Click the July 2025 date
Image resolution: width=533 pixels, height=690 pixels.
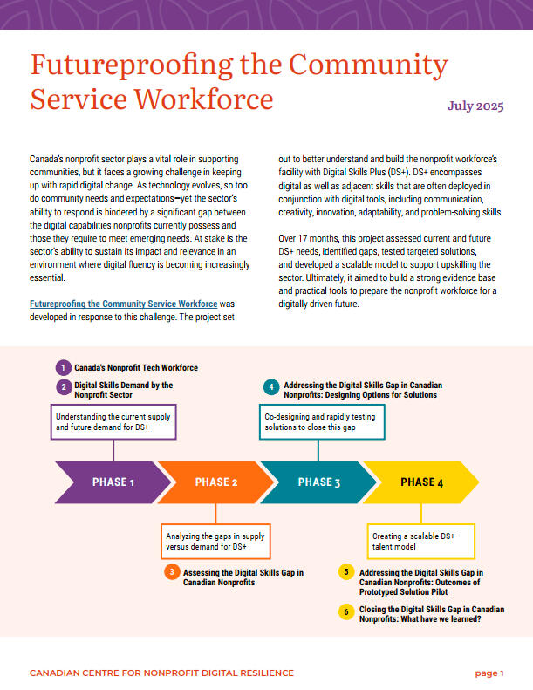point(475,107)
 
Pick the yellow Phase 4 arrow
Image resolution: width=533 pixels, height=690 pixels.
point(421,482)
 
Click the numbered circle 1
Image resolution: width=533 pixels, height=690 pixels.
point(63,367)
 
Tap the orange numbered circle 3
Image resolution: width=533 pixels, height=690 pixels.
point(172,573)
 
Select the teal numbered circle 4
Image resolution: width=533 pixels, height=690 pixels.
point(271,387)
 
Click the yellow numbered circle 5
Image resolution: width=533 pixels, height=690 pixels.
point(346,573)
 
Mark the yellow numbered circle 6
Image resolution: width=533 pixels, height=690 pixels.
point(346,611)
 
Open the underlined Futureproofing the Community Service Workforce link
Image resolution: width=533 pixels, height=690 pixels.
point(123,304)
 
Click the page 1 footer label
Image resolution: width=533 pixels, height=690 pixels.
point(489,673)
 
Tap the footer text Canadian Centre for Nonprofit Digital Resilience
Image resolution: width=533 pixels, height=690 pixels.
point(161,673)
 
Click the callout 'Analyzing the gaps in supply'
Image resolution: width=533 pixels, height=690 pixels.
point(215,540)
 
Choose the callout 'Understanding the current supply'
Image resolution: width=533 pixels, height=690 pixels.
point(114,422)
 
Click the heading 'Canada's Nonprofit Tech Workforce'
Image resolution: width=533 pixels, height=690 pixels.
point(136,367)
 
